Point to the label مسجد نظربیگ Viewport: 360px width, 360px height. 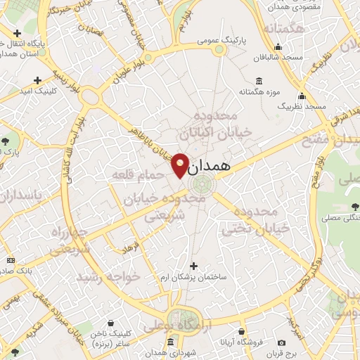tap(303, 105)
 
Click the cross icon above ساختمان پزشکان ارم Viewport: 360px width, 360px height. tap(193, 266)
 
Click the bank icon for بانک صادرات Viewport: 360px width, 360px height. tap(10, 259)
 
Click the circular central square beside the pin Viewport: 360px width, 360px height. tap(200, 185)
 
